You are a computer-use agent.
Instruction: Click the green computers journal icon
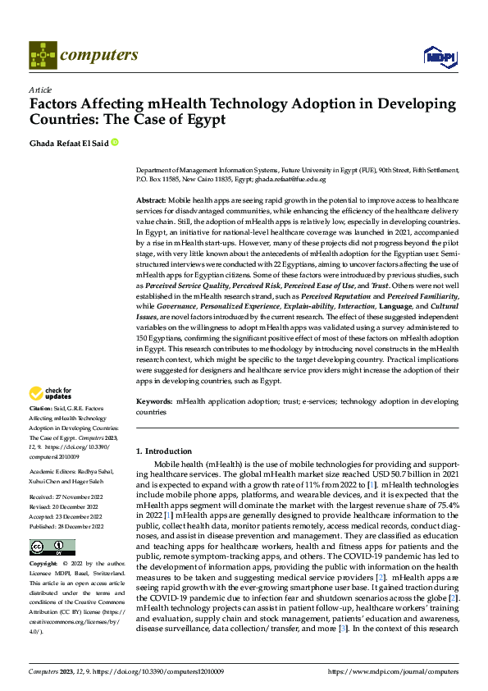coord(43,55)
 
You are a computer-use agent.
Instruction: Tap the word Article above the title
coord(40,89)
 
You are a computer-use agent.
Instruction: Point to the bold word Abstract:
coord(151,200)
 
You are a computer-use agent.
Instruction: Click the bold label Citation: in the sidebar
coord(41,408)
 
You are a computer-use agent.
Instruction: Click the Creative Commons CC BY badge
coord(52,547)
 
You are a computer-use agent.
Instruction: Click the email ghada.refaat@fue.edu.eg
coord(290,178)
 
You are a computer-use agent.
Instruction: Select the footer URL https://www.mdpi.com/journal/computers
coord(393,672)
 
